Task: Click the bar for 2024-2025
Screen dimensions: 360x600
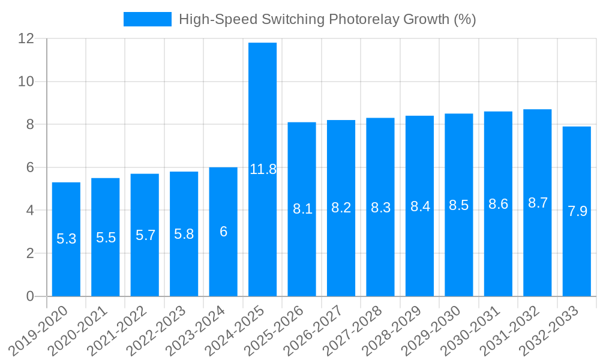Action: (x=263, y=169)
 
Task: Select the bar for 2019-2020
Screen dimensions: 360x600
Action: (x=66, y=239)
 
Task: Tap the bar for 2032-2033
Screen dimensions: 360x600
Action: (x=577, y=211)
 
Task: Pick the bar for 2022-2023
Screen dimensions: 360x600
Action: (x=184, y=234)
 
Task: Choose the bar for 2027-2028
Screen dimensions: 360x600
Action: (x=380, y=207)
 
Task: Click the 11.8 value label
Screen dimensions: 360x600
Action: (x=263, y=169)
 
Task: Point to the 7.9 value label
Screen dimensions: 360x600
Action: (x=577, y=211)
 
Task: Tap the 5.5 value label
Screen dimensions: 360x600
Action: (x=106, y=238)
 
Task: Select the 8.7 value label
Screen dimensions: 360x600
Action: (x=538, y=203)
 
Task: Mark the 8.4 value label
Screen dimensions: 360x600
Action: (x=420, y=206)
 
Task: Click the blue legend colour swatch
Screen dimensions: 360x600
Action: (x=147, y=19)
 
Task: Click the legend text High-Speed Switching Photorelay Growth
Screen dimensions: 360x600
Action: (x=327, y=19)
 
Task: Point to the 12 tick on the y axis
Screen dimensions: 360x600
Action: (x=26, y=38)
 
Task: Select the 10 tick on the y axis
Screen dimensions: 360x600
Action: (x=26, y=82)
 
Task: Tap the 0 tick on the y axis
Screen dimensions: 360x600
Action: (x=31, y=296)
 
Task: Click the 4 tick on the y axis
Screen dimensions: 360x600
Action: (x=31, y=211)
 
